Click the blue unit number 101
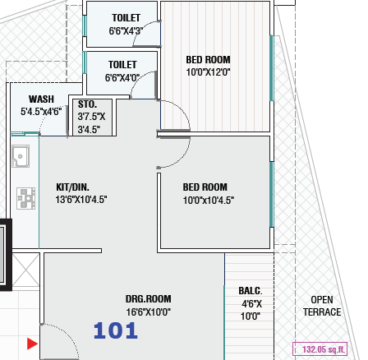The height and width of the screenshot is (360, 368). (116, 330)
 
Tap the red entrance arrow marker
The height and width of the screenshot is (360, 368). (32, 344)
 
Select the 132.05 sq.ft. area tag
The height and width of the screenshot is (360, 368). (320, 349)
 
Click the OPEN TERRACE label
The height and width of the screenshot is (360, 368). (322, 306)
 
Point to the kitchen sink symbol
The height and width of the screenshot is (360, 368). (21, 156)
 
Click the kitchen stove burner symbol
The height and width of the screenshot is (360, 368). (26, 198)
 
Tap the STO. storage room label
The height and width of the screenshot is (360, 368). (87, 104)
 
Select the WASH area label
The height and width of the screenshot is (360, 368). (41, 99)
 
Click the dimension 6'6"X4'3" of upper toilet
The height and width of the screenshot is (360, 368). (126, 31)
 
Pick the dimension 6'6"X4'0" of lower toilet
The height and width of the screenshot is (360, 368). (122, 78)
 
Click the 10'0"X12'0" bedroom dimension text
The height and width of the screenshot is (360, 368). (208, 72)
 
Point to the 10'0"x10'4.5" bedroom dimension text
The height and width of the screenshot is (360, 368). (209, 201)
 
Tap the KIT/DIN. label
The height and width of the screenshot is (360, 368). (72, 187)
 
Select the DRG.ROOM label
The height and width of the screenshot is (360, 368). (149, 299)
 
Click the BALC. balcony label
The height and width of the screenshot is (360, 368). (251, 291)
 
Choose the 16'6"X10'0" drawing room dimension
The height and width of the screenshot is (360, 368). (149, 312)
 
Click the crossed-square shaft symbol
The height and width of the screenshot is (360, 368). (25, 270)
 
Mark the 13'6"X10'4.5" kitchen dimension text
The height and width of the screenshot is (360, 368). (81, 200)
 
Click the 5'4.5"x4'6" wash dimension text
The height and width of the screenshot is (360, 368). (41, 112)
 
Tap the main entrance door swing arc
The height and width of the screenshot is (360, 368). (68, 335)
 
